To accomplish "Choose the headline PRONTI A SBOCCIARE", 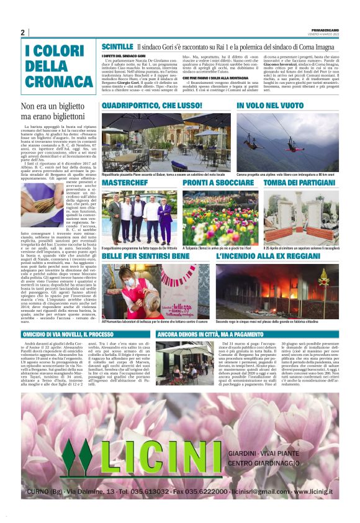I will click(x=201, y=184).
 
